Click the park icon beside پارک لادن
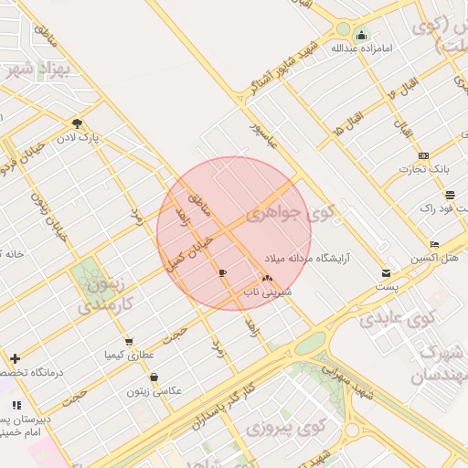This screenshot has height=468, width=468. click(77, 123)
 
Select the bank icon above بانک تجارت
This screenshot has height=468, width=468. click(422, 155)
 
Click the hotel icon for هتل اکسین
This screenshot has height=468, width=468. click(434, 244)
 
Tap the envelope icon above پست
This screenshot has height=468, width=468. click(386, 272)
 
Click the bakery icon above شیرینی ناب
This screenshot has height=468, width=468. click(267, 278)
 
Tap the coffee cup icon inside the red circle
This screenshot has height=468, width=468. click(222, 272)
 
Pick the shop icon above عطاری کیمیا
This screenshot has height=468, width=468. click(128, 341)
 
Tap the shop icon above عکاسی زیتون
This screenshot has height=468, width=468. click(154, 377)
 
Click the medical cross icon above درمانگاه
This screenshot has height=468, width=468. click(15, 358)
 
